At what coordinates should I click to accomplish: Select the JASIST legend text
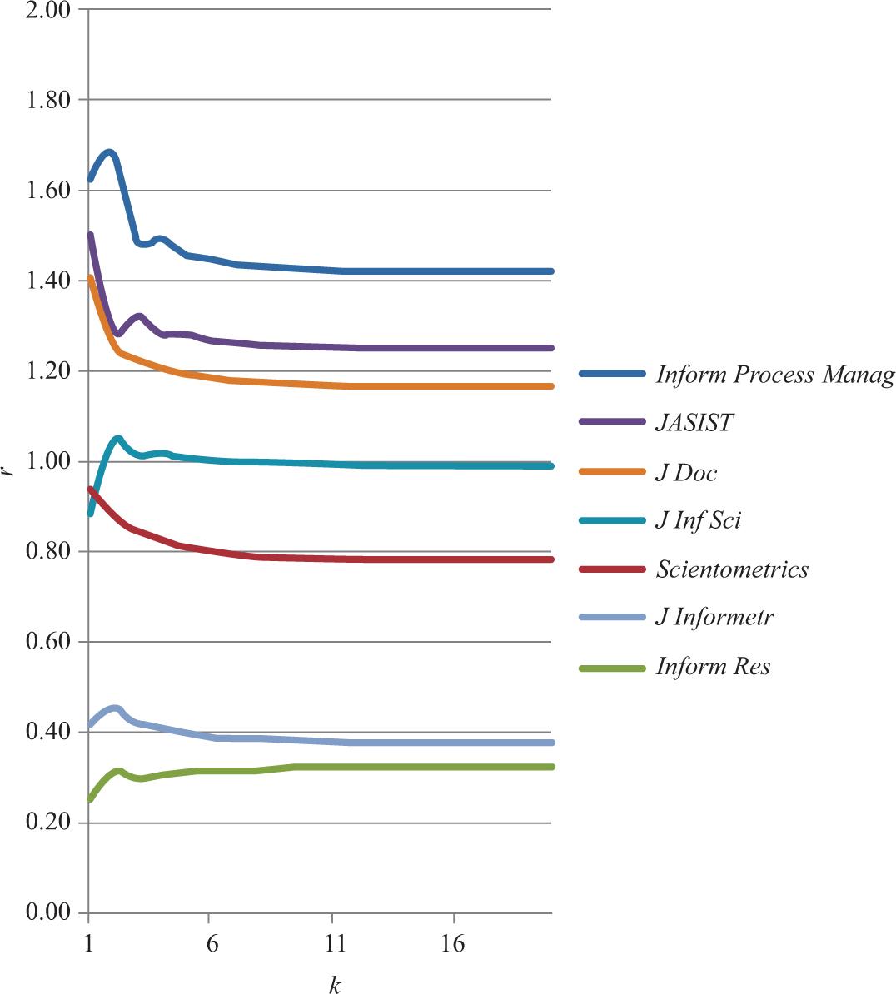pos(694,424)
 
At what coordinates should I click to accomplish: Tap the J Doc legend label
pos(686,473)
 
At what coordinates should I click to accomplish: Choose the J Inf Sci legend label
pos(698,521)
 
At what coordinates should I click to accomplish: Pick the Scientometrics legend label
pos(732,569)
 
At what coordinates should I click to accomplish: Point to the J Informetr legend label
pos(715,618)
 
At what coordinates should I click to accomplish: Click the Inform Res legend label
pos(713,667)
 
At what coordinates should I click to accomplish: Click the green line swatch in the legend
pos(612,667)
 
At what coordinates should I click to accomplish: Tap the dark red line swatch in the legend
pos(612,569)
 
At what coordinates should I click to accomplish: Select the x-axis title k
pos(334,985)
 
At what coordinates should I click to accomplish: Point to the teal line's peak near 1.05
pos(117,439)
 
